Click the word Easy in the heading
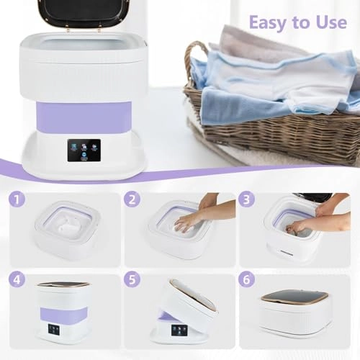268,23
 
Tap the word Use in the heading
331,22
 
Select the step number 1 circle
17,199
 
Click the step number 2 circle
132,199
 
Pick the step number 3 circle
246,199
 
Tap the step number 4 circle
17,279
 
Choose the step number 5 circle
132,279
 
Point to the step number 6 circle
246,279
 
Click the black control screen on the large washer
84,150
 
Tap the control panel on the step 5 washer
178,331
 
